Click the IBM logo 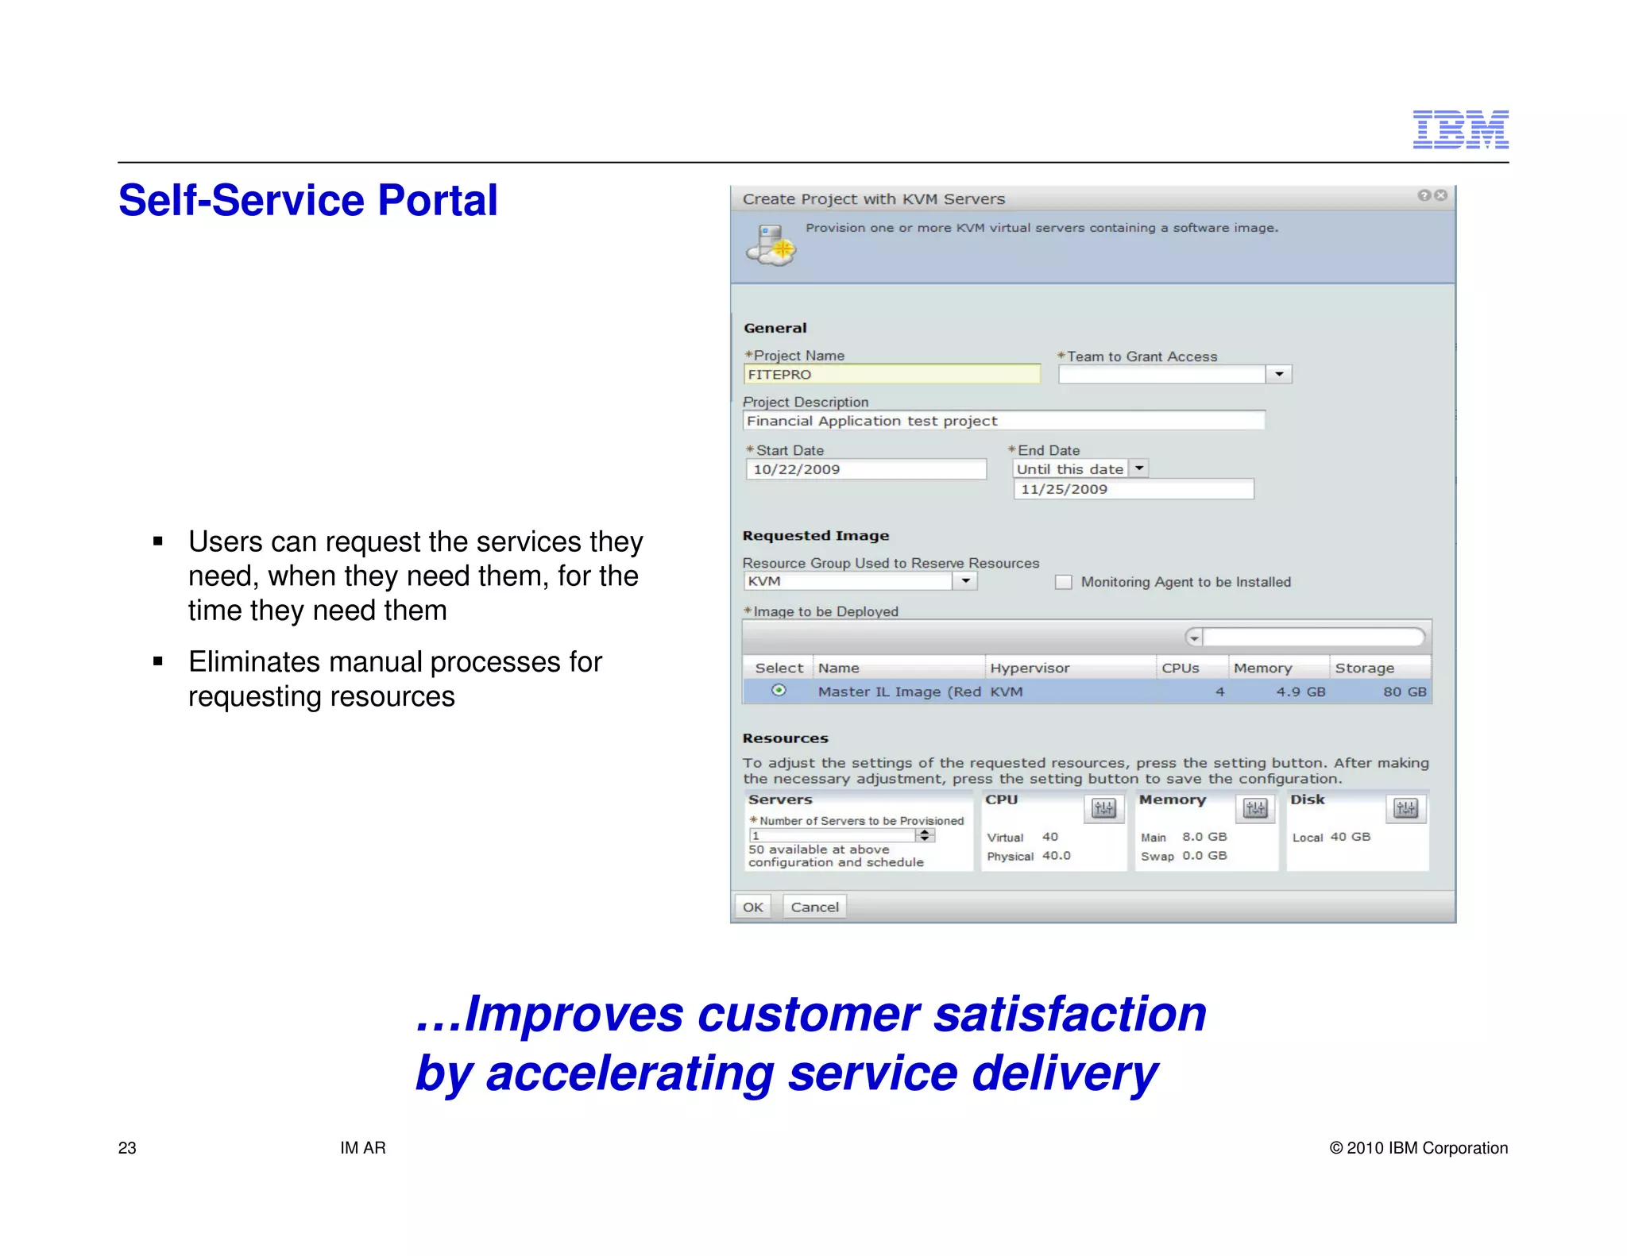click(x=1460, y=129)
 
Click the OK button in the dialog click(x=752, y=907)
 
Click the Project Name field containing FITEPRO click(x=891, y=374)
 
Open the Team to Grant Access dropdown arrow click(x=1278, y=374)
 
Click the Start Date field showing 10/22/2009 click(x=865, y=469)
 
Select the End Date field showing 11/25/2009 click(x=1133, y=489)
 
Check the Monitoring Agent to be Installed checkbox click(x=1063, y=582)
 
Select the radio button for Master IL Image click(x=779, y=691)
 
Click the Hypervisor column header click(x=1030, y=668)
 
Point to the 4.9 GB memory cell click(x=1300, y=692)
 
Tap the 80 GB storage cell click(x=1404, y=692)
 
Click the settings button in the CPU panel click(x=1103, y=809)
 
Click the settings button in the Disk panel click(x=1405, y=809)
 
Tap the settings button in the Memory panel click(x=1255, y=809)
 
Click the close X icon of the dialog click(x=1440, y=195)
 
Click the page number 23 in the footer click(x=127, y=1147)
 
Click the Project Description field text click(x=871, y=421)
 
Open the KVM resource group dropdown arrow click(x=965, y=581)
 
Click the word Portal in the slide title click(x=437, y=200)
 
